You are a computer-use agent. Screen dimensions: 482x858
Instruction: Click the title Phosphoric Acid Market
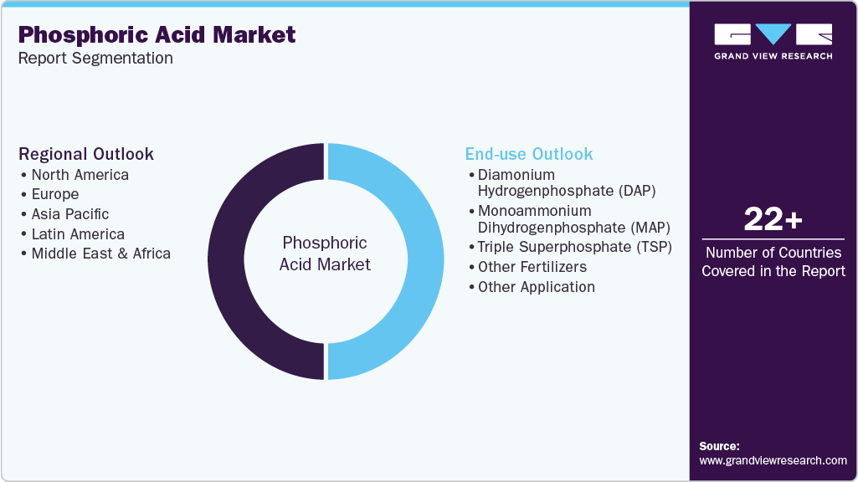[x=157, y=34]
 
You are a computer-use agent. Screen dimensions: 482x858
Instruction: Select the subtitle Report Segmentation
[x=95, y=59]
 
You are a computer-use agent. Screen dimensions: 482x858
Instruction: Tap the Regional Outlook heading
[x=86, y=154]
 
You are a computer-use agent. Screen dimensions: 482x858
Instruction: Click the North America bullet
[x=80, y=175]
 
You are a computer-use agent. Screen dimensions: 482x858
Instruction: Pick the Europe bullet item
[x=55, y=194]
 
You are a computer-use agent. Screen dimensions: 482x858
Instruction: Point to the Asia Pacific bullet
[x=70, y=214]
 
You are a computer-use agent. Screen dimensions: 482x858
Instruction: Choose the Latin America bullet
[x=78, y=234]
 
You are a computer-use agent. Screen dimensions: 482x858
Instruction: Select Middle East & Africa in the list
[x=100, y=254]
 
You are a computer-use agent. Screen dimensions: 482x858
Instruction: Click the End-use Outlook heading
[x=529, y=154]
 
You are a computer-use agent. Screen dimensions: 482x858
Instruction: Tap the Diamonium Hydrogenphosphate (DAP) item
[x=566, y=182]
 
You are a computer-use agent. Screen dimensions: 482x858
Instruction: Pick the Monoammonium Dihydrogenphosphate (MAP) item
[x=573, y=218]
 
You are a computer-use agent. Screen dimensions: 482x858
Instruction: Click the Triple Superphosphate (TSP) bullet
[x=574, y=247]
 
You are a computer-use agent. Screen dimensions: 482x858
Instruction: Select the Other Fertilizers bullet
[x=532, y=267]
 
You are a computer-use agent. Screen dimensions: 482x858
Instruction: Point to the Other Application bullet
[x=537, y=287]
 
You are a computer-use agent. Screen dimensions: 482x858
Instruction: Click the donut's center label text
[x=325, y=254]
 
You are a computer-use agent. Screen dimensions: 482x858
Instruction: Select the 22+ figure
[x=773, y=220]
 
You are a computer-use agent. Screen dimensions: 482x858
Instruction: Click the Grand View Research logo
[x=773, y=41]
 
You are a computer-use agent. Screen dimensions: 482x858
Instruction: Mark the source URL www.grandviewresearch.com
[x=773, y=460]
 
